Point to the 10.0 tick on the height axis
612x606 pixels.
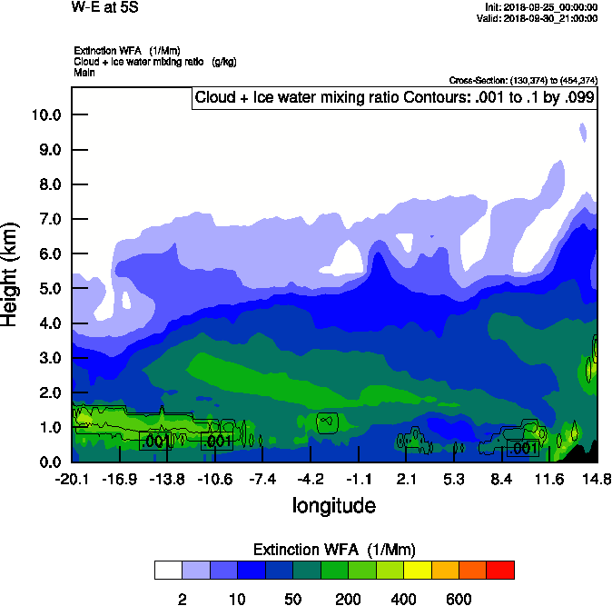[44, 115]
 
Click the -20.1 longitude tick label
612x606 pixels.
[71, 479]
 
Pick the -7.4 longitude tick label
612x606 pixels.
[262, 479]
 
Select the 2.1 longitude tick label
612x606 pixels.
[407, 479]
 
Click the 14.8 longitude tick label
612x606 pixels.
[597, 479]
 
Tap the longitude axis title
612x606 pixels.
[333, 505]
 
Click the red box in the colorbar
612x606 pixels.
[500, 570]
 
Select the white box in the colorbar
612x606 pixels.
[168, 570]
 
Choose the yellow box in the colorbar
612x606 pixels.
[418, 570]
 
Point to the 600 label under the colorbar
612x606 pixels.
[459, 599]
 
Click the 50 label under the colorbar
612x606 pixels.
[292, 599]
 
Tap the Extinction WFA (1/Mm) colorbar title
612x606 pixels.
[333, 550]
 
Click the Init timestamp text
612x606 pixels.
[542, 7]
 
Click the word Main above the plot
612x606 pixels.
[84, 71]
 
